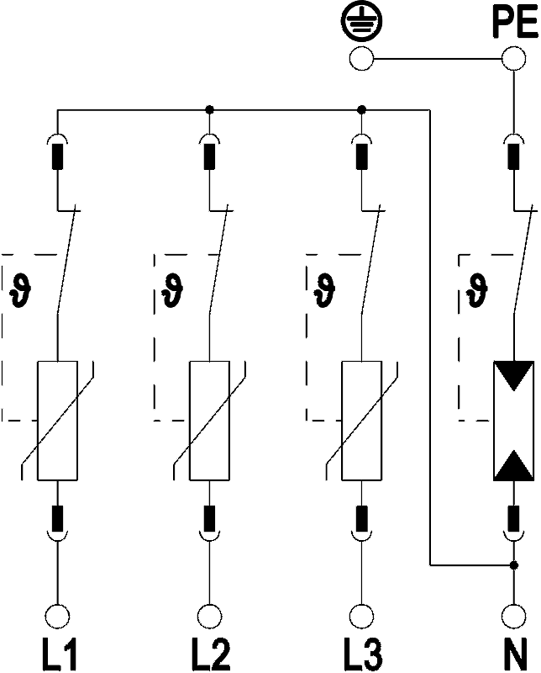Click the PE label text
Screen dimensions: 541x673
coord(515,23)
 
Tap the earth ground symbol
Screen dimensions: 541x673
coord(362,22)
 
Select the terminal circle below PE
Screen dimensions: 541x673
coord(513,58)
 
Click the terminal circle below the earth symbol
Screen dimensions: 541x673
coord(361,58)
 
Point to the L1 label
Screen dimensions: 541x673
coord(59,654)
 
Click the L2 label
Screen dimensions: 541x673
coord(211,654)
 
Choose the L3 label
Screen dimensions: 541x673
coord(363,654)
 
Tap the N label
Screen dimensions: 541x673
coord(515,654)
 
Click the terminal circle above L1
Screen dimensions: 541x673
coord(57,617)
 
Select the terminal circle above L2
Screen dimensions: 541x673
coord(210,617)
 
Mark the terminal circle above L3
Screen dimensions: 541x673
coord(361,617)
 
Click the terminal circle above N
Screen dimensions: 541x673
coord(513,617)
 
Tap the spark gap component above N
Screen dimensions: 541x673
coord(513,421)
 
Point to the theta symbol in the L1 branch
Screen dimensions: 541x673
coord(20,290)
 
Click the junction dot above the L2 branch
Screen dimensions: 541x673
coord(209,110)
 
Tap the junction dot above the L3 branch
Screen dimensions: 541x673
coord(361,110)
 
